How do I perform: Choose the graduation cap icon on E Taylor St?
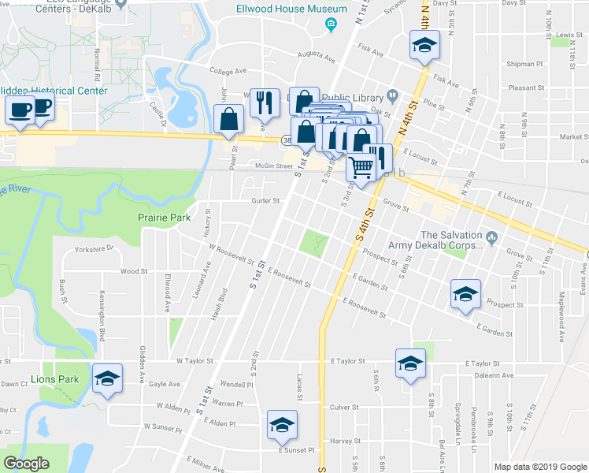[410, 363]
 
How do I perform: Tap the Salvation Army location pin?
[492, 236]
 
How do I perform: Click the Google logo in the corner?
[26, 464]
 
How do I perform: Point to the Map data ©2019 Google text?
[540, 466]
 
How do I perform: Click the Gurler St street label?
[265, 201]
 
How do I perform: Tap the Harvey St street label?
[345, 441]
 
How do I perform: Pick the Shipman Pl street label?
[526, 64]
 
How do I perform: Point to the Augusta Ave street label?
[317, 56]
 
